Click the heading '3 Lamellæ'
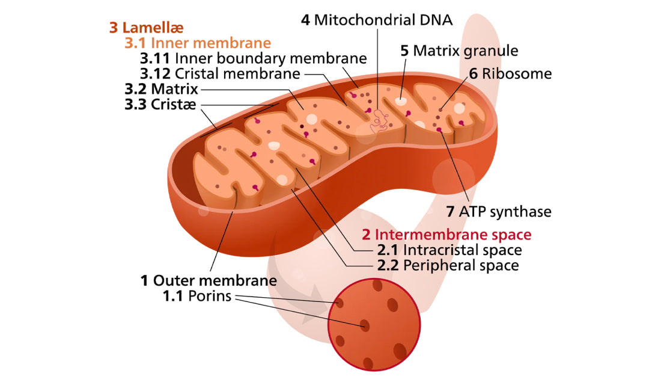146,28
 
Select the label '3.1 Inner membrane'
198,43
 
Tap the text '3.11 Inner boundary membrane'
253,58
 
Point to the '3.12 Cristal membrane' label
220,74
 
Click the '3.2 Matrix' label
161,89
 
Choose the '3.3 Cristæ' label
161,104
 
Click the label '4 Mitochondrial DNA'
377,20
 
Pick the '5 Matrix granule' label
459,51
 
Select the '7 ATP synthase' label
499,212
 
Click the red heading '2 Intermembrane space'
446,234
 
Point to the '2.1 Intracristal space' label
449,249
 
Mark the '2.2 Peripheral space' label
448,265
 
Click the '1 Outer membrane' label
209,280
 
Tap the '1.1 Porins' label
196,296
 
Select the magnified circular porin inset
369,325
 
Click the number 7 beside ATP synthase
450,212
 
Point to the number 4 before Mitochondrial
305,20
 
